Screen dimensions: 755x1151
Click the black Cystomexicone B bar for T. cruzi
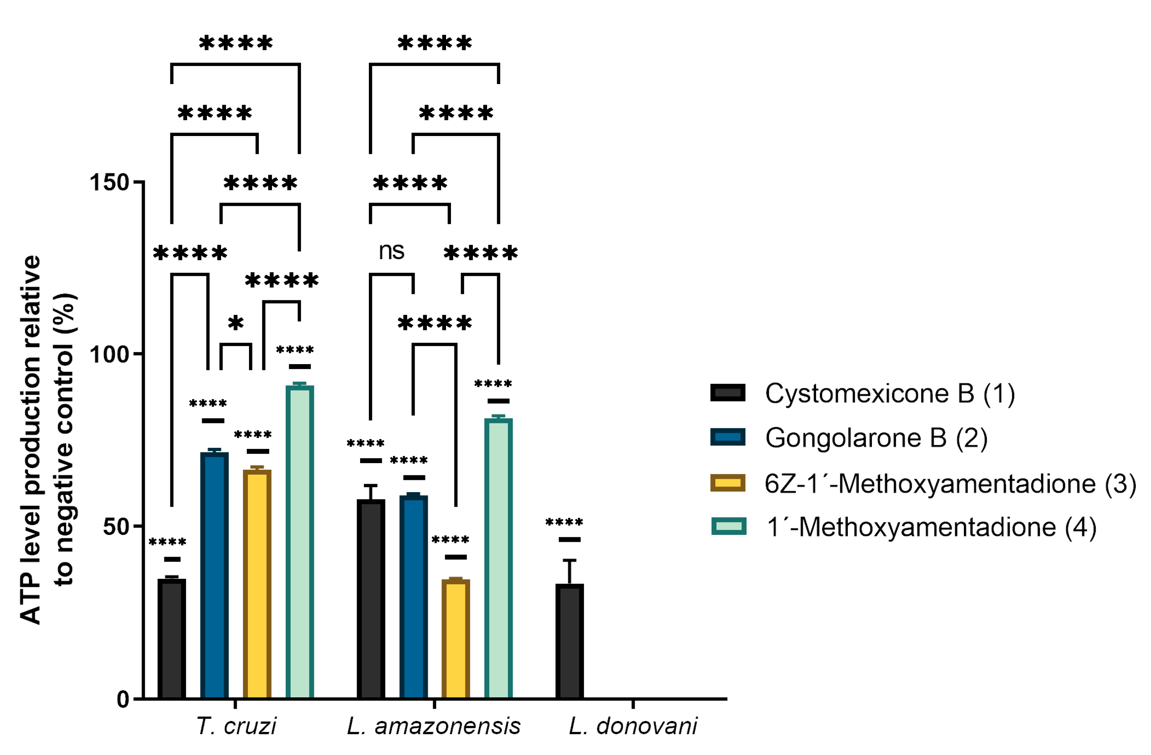point(172,639)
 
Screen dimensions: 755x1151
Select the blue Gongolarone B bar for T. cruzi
point(214,576)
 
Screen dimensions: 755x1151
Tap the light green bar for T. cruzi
point(299,542)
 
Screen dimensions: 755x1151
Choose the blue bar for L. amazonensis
point(414,597)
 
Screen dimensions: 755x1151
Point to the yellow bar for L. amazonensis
point(456,639)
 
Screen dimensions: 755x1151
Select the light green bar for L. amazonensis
point(498,559)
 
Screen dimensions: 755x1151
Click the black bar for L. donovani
point(569,641)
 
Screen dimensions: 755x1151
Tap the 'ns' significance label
point(391,251)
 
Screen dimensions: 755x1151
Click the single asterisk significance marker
point(236,323)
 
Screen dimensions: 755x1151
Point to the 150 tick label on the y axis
point(109,183)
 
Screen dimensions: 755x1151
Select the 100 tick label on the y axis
point(109,355)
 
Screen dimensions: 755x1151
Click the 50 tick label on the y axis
point(116,527)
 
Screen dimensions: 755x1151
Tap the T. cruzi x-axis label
point(236,726)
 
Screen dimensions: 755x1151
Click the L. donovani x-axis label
point(632,726)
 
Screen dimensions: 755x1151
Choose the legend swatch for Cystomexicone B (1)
point(727,392)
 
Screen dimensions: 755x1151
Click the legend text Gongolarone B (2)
point(876,437)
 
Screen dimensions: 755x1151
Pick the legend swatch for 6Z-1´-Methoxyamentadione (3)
point(727,483)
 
